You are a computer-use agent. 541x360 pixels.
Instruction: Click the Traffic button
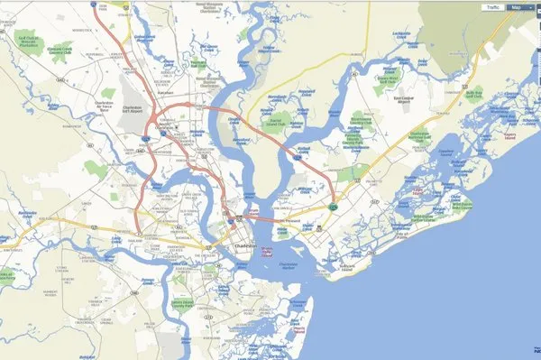(493, 7)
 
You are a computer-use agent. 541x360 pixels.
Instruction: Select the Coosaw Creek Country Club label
(60, 51)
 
